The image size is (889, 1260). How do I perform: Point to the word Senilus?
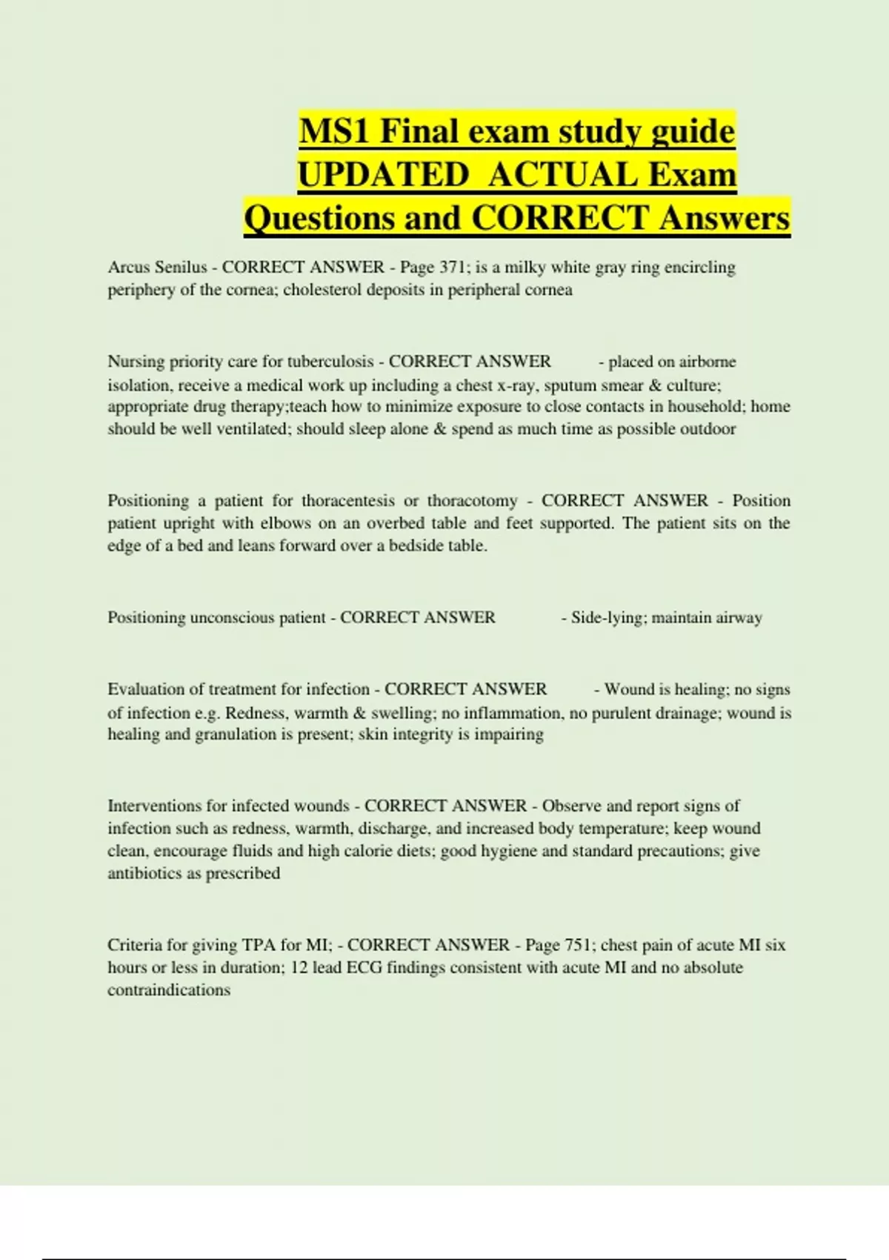[181, 268]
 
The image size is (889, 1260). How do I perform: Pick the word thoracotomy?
[472, 501]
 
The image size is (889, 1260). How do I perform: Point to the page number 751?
[578, 945]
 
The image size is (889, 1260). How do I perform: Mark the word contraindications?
[169, 990]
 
